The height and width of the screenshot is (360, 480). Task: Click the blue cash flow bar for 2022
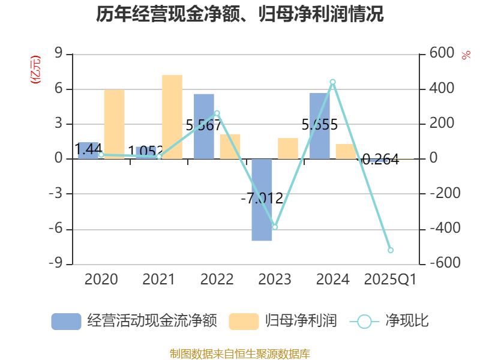(x=204, y=126)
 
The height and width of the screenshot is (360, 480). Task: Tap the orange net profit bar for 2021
(x=172, y=117)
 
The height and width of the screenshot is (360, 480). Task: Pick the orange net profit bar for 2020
(x=114, y=124)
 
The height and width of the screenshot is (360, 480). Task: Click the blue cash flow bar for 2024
(x=320, y=126)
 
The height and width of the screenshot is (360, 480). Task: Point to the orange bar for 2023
(x=288, y=148)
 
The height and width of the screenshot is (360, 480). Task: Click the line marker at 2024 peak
(x=333, y=82)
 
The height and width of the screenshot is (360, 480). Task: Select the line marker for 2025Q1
(x=391, y=250)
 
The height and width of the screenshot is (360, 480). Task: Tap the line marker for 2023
(x=275, y=227)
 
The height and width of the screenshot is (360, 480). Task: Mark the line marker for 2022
(x=217, y=113)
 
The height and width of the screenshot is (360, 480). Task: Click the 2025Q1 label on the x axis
(x=391, y=280)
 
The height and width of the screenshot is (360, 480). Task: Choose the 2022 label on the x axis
(x=217, y=280)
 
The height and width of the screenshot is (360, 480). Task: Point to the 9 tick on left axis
(x=59, y=54)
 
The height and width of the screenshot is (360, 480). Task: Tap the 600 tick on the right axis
(x=442, y=54)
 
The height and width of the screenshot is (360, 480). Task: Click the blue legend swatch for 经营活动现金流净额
(x=66, y=322)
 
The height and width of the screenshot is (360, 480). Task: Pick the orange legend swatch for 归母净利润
(x=244, y=322)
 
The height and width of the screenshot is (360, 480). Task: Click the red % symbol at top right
(x=466, y=56)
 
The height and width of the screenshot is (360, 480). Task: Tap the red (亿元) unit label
(x=35, y=69)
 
